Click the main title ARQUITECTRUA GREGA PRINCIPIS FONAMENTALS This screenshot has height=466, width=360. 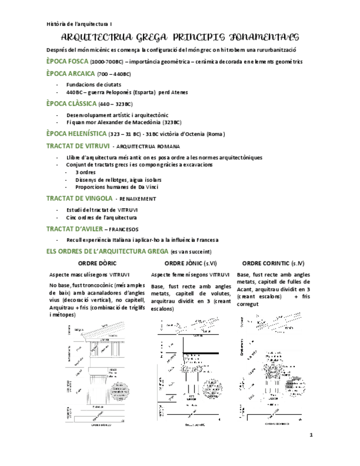[x=180, y=37]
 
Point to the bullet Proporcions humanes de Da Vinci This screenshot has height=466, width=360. [x=112, y=186]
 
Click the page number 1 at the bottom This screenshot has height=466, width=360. [x=311, y=435]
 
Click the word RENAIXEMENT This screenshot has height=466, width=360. [x=137, y=198]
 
